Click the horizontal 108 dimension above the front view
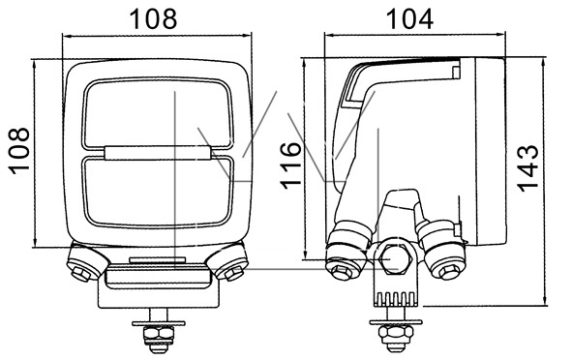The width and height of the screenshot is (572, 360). tap(154, 19)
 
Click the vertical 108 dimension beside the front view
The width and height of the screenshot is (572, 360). tap(19, 151)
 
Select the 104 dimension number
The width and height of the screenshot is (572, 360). tap(409, 19)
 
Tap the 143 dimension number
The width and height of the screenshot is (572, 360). tap(527, 168)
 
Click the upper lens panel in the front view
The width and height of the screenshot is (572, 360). tap(157, 113)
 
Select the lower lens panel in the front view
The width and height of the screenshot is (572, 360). tap(157, 191)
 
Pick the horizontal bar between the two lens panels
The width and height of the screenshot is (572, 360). tap(158, 153)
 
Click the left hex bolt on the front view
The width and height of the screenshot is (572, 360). tap(81, 273)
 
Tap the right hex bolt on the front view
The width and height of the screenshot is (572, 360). tap(234, 273)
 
